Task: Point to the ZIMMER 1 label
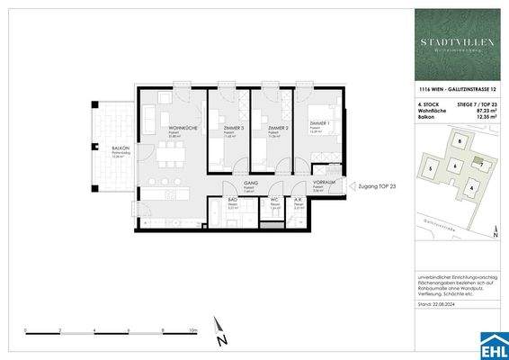[x=317, y=122]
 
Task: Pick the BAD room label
[x=231, y=200]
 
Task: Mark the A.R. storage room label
[x=298, y=200]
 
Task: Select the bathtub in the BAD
[x=219, y=216]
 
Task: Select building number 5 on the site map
[x=431, y=168]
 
